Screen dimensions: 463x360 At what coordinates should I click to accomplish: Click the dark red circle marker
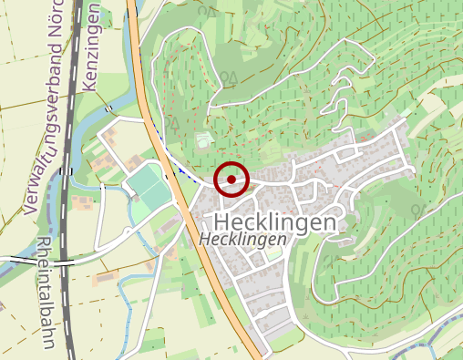click(x=231, y=179)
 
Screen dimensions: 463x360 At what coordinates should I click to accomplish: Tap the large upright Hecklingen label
click(x=273, y=221)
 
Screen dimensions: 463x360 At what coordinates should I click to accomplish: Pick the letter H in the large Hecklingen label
click(x=220, y=221)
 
